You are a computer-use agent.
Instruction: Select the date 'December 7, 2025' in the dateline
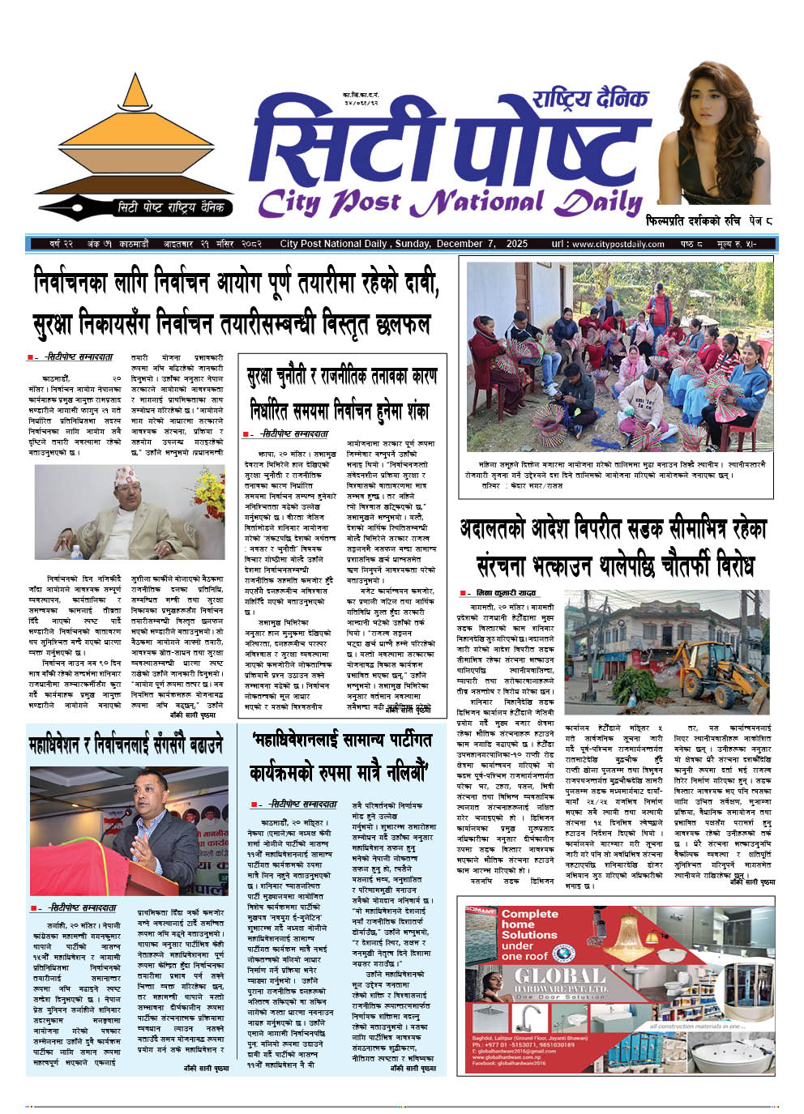click(x=481, y=244)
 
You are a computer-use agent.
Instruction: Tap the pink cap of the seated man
click(x=124, y=474)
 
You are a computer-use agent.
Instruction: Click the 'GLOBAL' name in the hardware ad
click(x=560, y=975)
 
